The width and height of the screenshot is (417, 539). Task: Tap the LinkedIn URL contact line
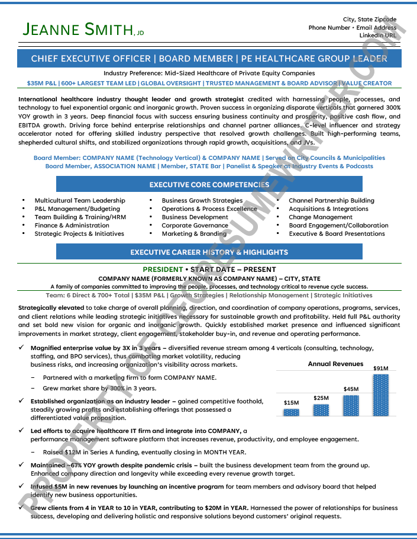[378, 36]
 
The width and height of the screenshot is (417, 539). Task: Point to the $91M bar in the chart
[380, 394]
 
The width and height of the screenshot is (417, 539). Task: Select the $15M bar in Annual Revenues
[291, 412]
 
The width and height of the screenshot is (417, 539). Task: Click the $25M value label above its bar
[321, 397]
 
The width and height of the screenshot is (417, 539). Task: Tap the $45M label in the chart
[351, 389]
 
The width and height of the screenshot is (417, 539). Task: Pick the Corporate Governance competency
[195, 226]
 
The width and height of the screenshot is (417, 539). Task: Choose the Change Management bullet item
[321, 217]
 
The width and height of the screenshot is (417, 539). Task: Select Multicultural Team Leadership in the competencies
[80, 201]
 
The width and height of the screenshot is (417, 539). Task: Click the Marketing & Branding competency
[194, 234]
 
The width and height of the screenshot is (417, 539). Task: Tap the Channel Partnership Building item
[331, 201]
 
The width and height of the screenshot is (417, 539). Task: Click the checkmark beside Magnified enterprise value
[22, 348]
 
